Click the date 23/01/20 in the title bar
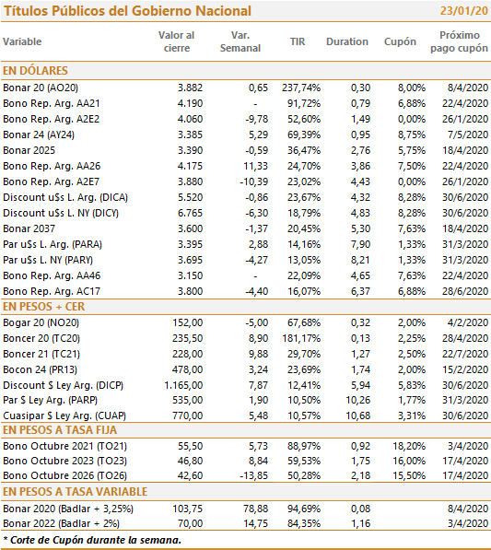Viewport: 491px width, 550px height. [463, 11]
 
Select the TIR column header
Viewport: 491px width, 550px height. [298, 41]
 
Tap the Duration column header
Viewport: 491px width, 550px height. [347, 41]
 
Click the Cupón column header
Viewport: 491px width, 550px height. [400, 42]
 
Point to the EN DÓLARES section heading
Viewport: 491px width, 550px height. [35, 71]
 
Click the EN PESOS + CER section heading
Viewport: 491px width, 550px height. [44, 307]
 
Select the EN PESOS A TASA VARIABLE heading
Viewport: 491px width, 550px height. [75, 492]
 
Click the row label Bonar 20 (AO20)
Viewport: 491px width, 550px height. [41, 88]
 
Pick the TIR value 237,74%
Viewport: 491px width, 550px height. [301, 88]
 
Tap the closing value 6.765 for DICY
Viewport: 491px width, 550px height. [190, 213]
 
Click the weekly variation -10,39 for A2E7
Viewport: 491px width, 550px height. [254, 181]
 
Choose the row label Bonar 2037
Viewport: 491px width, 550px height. [29, 228]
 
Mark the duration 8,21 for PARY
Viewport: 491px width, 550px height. [360, 260]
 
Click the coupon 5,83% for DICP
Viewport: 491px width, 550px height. [412, 385]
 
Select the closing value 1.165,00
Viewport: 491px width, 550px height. [183, 385]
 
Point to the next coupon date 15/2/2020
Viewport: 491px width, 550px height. [465, 369]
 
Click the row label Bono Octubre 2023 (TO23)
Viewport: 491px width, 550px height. [64, 461]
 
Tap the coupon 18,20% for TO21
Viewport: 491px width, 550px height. [409, 446]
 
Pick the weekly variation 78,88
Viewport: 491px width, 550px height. [256, 509]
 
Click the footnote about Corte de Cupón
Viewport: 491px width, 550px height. [92, 540]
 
